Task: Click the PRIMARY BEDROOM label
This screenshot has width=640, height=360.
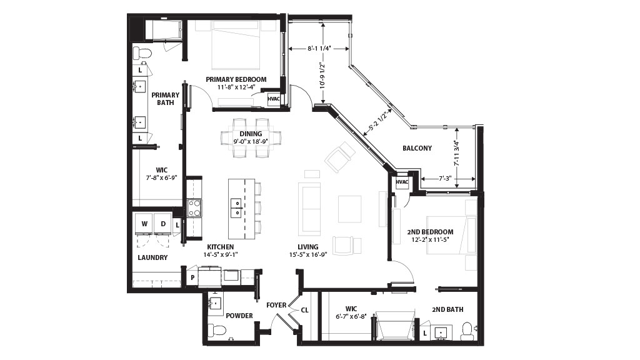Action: pyautogui.click(x=236, y=79)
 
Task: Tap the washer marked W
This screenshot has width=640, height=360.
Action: pyautogui.click(x=144, y=224)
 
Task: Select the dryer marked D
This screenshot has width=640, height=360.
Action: pyautogui.click(x=163, y=224)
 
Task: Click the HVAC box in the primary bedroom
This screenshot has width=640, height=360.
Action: pyautogui.click(x=274, y=99)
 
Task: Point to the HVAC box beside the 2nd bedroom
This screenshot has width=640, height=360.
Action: pyautogui.click(x=402, y=182)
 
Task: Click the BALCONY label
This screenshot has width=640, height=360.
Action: pyautogui.click(x=417, y=148)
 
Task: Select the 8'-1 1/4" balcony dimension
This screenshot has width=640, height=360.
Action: pyautogui.click(x=319, y=49)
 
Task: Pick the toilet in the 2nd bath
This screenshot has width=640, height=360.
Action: pyautogui.click(x=466, y=331)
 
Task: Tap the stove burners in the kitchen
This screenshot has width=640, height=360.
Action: pyautogui.click(x=194, y=207)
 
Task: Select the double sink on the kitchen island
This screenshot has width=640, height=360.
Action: pyautogui.click(x=236, y=207)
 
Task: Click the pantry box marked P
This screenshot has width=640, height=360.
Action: pyautogui.click(x=192, y=277)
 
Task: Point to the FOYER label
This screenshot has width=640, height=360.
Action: pyautogui.click(x=276, y=305)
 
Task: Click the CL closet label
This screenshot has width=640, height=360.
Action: pyautogui.click(x=304, y=310)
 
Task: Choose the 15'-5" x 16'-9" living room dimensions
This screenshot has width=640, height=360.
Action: pyautogui.click(x=307, y=255)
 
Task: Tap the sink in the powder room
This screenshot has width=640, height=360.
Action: pyautogui.click(x=215, y=303)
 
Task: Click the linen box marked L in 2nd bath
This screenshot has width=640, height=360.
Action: pyautogui.click(x=425, y=334)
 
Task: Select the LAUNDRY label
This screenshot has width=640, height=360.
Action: pyautogui.click(x=152, y=257)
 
